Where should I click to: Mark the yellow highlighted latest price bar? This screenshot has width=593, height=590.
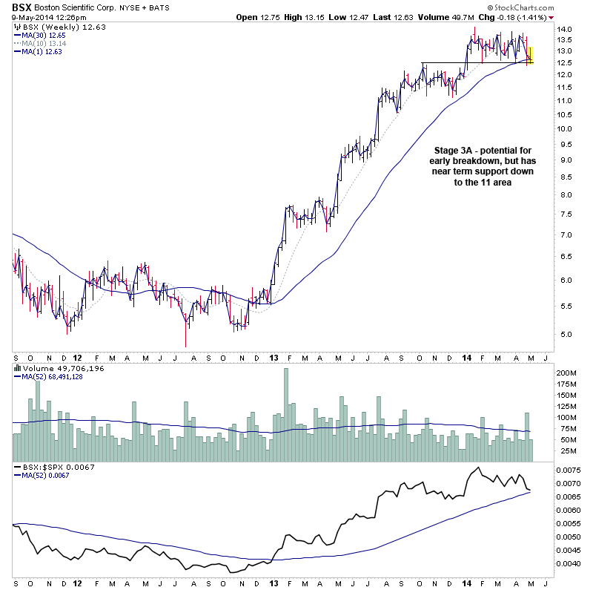[x=530, y=56]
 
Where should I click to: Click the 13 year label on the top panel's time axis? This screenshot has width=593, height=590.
[x=273, y=356]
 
